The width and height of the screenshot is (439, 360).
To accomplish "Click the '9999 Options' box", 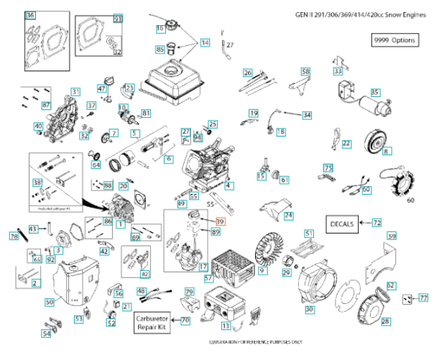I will [x=394, y=40].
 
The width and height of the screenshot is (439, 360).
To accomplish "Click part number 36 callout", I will [x=29, y=15].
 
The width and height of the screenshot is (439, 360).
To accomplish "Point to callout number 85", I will [x=160, y=49].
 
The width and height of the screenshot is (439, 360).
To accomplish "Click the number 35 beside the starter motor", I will [x=374, y=92].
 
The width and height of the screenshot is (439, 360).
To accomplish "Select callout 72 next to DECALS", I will [x=376, y=223].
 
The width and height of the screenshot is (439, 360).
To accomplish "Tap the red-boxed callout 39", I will [x=221, y=221].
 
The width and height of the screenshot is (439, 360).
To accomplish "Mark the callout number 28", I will [x=385, y=322].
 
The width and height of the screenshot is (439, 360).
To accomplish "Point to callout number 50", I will [x=49, y=303].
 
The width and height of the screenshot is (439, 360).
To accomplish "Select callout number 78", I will [x=14, y=236].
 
